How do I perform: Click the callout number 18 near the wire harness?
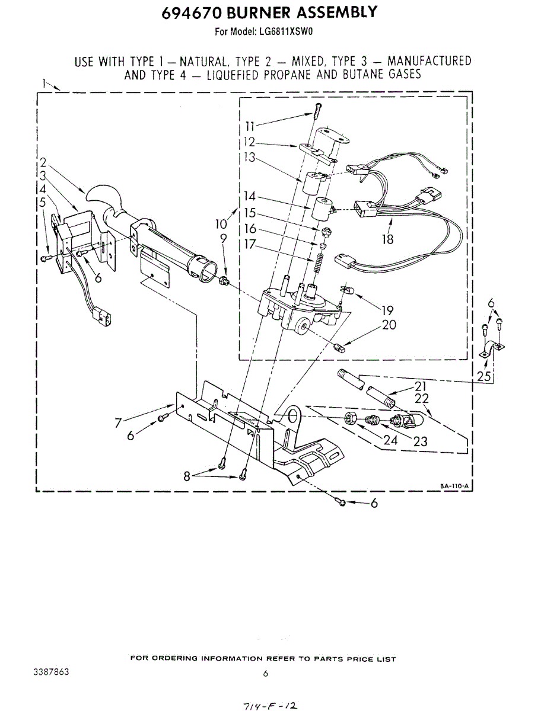click(x=389, y=239)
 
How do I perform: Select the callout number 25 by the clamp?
click(x=484, y=376)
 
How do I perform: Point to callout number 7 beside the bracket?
click(x=119, y=422)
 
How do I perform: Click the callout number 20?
click(x=389, y=325)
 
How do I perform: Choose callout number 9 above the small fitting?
click(x=223, y=238)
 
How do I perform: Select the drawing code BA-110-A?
click(x=454, y=486)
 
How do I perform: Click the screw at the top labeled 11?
click(x=319, y=110)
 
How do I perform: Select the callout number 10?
click(x=221, y=223)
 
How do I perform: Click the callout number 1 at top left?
click(x=44, y=82)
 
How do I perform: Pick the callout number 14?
click(x=250, y=197)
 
